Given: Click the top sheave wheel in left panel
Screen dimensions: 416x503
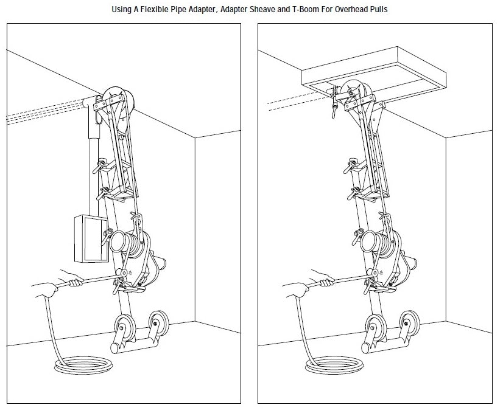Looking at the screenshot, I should [x=116, y=100].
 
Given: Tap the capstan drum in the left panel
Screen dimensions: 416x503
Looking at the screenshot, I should [x=124, y=244].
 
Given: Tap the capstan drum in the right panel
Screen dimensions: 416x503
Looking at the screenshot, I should [x=375, y=244].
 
